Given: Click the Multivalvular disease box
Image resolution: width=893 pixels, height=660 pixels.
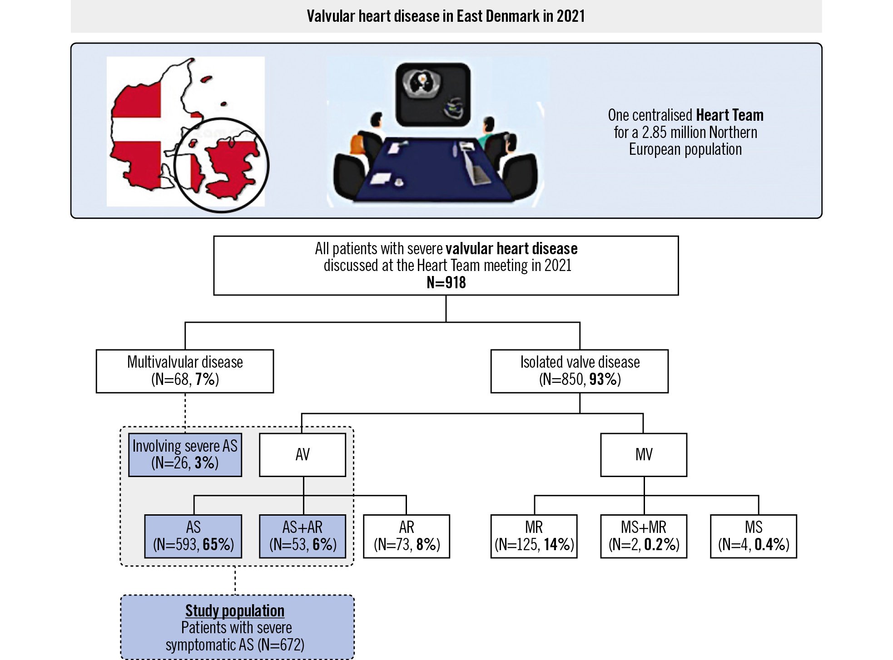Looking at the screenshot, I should tap(185, 371).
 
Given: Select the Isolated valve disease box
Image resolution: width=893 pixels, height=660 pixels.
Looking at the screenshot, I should tap(580, 371).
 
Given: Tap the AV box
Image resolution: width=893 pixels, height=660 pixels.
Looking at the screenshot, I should tap(303, 454).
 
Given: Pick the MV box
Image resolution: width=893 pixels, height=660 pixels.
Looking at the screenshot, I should tap(644, 454).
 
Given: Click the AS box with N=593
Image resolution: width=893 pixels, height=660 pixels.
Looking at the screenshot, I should tap(193, 536).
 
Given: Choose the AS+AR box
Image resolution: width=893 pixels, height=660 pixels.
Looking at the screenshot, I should tap(303, 536).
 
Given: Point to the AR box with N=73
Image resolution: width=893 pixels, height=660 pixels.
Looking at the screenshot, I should tap(407, 536).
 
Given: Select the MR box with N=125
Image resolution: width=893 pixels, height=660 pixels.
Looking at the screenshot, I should tap(534, 536).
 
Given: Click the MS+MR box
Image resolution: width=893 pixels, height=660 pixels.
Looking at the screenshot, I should tap(644, 536).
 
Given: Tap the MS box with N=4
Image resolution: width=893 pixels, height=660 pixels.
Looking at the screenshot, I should tap(754, 536).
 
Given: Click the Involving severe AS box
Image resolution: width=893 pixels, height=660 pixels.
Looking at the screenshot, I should tap(185, 454).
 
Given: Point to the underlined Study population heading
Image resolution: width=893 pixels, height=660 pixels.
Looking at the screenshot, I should tap(235, 611).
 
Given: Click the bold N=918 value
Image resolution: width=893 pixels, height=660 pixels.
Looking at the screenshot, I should tap(446, 283).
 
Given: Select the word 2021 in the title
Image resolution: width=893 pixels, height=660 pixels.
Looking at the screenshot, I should tap(571, 16).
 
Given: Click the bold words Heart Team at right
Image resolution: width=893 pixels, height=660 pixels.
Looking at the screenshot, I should tap(729, 115).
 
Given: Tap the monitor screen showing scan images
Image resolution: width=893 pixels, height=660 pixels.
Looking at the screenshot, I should tap(433, 94).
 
